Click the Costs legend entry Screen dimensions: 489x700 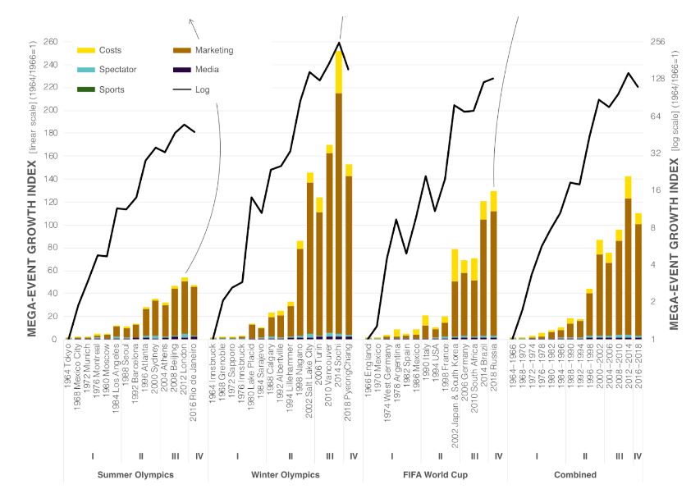pyautogui.click(x=109, y=51)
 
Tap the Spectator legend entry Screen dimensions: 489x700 pyautogui.click(x=117, y=71)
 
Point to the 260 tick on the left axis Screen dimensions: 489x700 pyautogui.click(x=49, y=42)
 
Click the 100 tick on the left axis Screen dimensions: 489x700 pyautogui.click(x=49, y=225)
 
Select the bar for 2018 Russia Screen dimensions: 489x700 pyautogui.click(x=493, y=271)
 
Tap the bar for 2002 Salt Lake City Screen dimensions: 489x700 pyautogui.click(x=310, y=258)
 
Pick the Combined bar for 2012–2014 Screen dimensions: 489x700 pyautogui.click(x=628, y=263)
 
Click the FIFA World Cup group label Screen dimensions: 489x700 pyautogui.click(x=431, y=475)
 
